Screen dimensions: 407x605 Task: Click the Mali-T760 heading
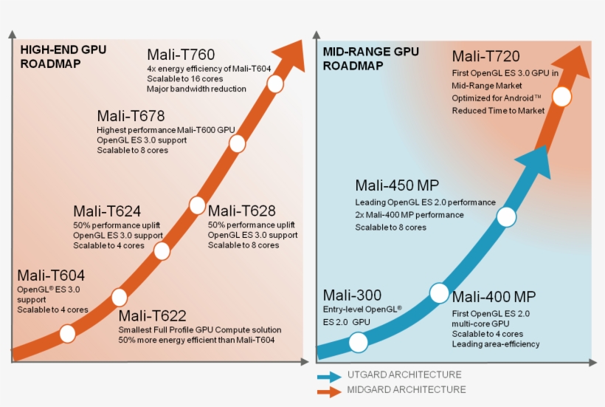pos(181,55)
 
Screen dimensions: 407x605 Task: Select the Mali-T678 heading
pos(131,116)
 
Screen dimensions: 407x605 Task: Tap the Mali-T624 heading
pos(107,211)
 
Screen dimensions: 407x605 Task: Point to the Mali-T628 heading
pos(242,211)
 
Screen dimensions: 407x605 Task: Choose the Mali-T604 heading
pos(51,276)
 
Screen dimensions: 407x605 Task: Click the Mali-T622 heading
pos(153,315)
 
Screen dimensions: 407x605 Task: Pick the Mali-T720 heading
pos(486,57)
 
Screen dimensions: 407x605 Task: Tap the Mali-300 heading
pos(353,295)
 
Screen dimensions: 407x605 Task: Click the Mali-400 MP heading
pos(494,297)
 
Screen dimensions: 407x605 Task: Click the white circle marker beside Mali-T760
pos(275,84)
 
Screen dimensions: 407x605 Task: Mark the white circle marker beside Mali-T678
pos(237,143)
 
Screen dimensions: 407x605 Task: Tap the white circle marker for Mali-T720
pos(562,97)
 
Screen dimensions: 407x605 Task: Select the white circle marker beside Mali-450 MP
pos(506,216)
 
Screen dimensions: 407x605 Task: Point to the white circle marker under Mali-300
pos(358,342)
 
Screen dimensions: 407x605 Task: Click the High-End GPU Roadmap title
pos(63,57)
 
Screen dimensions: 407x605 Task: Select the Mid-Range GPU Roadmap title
pos(371,58)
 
